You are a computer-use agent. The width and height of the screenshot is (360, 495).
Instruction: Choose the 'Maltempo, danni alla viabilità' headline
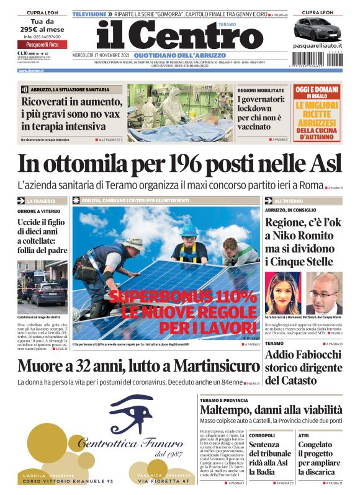271,410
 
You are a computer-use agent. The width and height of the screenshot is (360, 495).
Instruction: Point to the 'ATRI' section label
304,435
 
